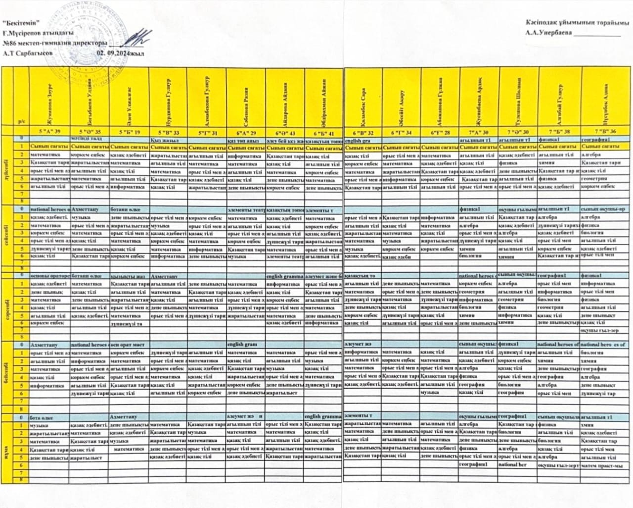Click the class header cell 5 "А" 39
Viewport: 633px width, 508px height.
tap(49, 132)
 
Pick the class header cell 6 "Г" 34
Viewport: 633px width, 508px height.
tap(401, 132)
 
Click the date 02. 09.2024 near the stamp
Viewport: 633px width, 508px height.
tap(120, 53)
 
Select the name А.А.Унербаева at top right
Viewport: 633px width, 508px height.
tap(549, 33)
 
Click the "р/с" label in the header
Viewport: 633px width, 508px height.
tap(21, 121)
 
